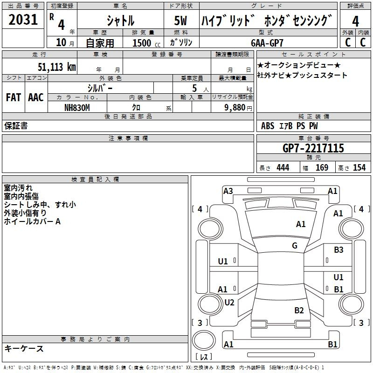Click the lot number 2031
pos(23,20)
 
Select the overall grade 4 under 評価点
pos(355,21)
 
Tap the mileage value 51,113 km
pos(57,67)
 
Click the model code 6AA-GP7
pos(267,43)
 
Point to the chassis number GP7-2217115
pos(313,148)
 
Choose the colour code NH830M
pos(77,108)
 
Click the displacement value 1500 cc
pos(146,43)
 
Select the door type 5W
pos(180,21)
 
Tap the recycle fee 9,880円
pos(238,108)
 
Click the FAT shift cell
pos(14,97)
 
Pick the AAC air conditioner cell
pos(36,97)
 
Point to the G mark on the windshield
pos(295,245)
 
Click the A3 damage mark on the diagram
pos(228,191)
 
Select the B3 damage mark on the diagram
pos(338,250)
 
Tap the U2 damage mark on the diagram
pos(229,302)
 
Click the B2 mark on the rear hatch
pos(299,310)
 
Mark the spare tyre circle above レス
pos(204,340)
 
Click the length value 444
pos(283,167)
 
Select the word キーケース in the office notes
pos(24,348)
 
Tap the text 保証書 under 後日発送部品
pos(16,126)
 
